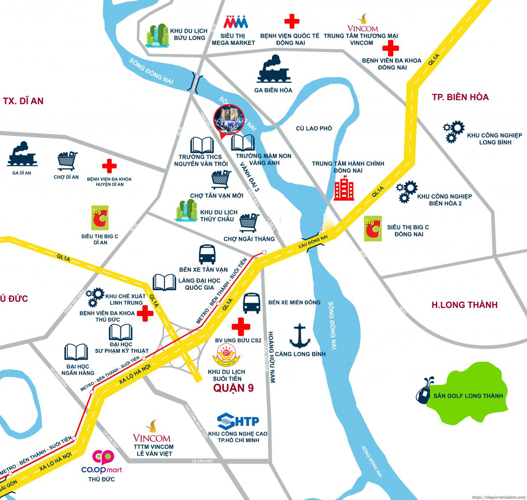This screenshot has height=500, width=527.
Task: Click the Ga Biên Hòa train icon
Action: tap(274, 70)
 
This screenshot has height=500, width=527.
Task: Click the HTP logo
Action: tap(238, 421)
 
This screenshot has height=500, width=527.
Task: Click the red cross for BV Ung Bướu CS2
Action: tap(240, 327)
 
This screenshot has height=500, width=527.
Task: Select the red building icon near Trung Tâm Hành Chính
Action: tap(344, 189)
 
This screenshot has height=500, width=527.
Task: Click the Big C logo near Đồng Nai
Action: tap(373, 228)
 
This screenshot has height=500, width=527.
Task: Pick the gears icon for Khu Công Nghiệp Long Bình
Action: tap(454, 132)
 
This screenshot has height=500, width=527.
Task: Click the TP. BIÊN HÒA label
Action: tap(460, 97)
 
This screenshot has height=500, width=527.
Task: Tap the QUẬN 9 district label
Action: tap(234, 388)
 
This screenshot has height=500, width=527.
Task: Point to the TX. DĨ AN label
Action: tap(23, 101)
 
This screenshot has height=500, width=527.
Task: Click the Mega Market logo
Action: tap(236, 22)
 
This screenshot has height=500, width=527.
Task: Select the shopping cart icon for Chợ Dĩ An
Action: tap(67, 161)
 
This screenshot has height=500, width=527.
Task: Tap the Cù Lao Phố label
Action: tap(314, 128)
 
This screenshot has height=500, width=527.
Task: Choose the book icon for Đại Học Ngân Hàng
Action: tap(76, 352)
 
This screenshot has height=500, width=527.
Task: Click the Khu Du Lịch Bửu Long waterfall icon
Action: tap(157, 35)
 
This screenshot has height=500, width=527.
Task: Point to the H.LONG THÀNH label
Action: tap(464, 305)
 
